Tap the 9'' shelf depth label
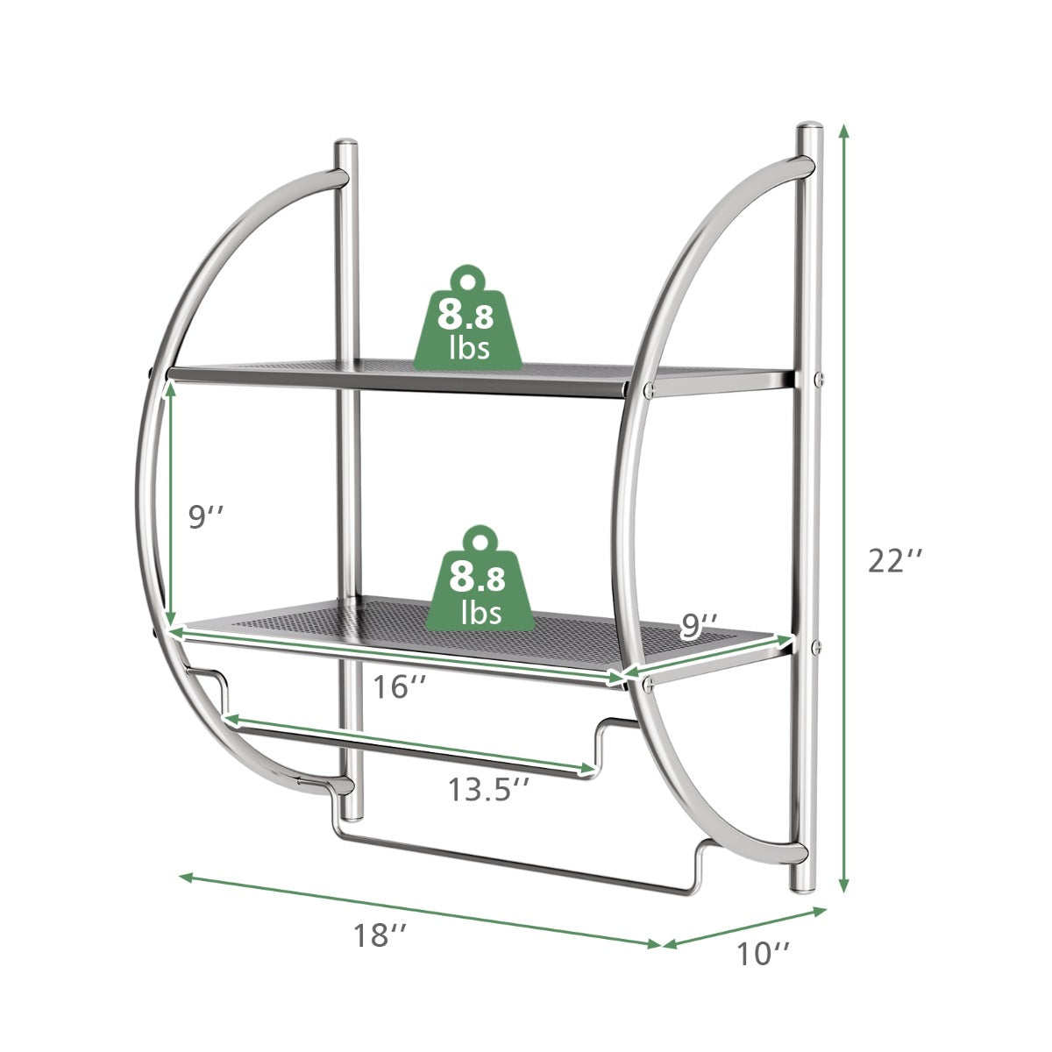pos(700,625)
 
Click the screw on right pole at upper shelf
pos(819,379)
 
